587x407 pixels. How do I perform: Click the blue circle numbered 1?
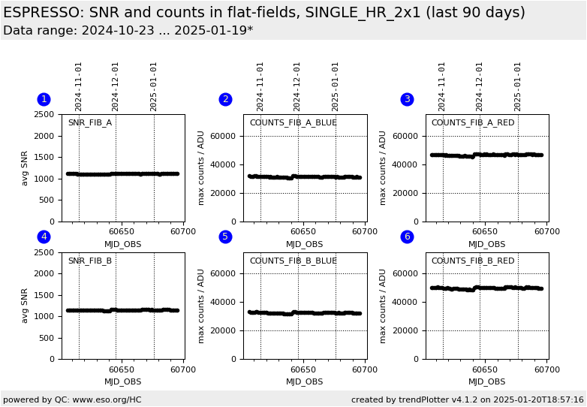tap(44, 99)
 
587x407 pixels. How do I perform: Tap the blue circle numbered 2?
tap(225, 99)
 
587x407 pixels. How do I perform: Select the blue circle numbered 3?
tap(407, 99)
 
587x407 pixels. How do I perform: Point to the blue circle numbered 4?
tap(44, 237)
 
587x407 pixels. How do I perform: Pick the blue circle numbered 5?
tap(225, 237)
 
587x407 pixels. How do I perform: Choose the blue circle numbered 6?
tap(407, 237)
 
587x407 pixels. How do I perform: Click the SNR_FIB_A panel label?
tap(89, 122)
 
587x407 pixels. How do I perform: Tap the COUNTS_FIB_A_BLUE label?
tap(293, 122)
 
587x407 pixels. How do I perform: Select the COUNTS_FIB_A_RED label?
tap(473, 122)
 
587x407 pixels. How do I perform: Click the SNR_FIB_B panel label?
tap(89, 261)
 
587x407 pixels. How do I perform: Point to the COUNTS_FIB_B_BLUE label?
tap(293, 261)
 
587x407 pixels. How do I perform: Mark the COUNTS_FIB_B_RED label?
tap(473, 261)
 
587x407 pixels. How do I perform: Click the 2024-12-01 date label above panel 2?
tap(298, 86)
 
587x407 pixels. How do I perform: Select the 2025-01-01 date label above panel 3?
tap(518, 86)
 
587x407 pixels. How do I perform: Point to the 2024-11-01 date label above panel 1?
tap(79, 86)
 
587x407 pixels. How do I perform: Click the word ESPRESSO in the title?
tap(44, 13)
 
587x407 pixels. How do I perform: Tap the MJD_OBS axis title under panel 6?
tap(486, 381)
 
